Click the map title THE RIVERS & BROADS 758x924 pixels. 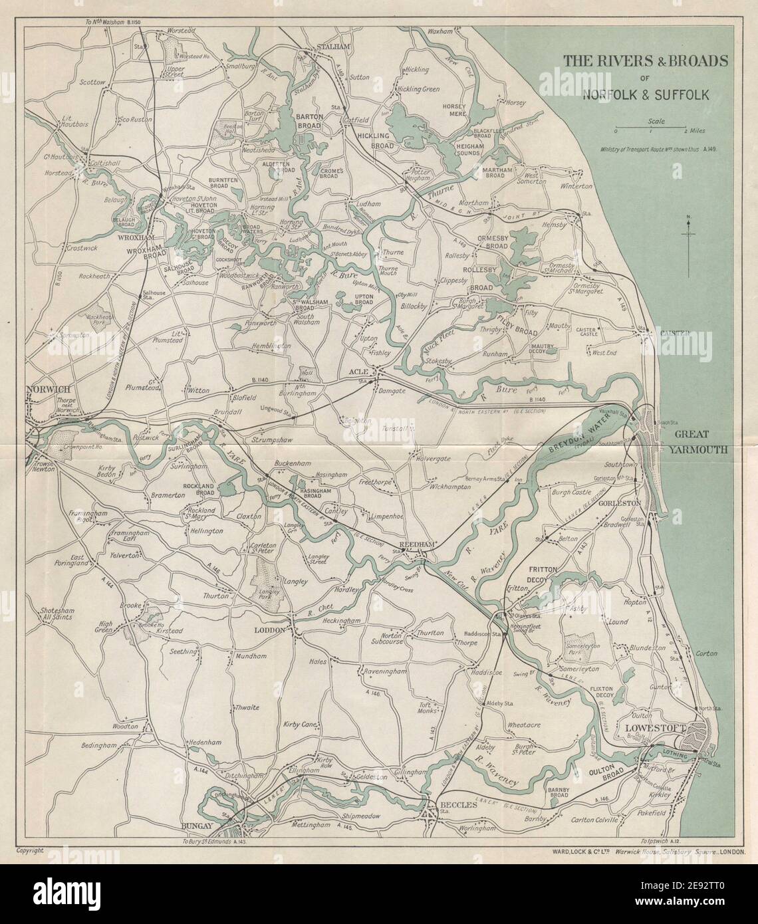(645, 61)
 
